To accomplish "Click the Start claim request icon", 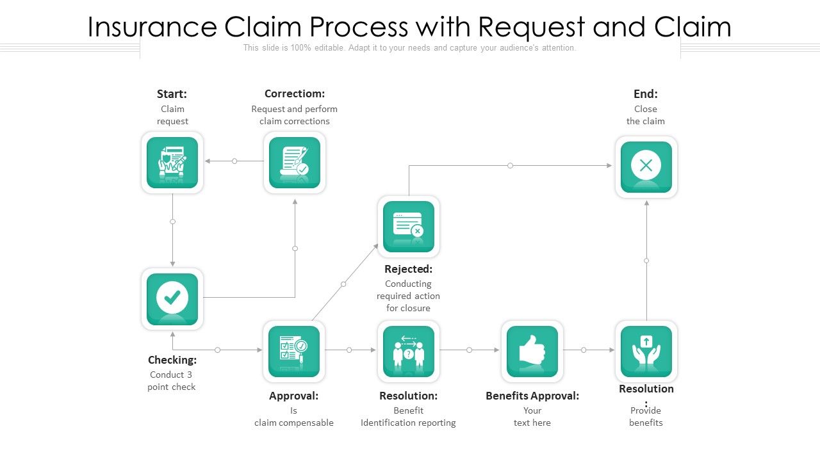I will point(172,163).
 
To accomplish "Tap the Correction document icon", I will point(295,163).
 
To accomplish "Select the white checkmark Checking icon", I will point(172,298).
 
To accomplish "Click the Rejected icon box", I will point(409,227).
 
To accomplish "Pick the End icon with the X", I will point(646,166).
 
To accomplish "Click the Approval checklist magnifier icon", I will point(294,352).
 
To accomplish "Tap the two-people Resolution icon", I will point(409,352).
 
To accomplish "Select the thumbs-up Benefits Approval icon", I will point(532,352).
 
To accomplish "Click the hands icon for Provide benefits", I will point(646,352).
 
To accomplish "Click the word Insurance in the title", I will point(152,28).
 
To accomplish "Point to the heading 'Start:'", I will point(172,94).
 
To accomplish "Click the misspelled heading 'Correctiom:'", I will point(295,94).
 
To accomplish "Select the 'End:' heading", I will point(646,94).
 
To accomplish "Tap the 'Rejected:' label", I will point(409,269).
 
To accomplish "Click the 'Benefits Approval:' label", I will point(532,396).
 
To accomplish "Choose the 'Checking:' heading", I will point(172,360).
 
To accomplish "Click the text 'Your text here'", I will point(532,417).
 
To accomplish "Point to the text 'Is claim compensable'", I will point(294,417).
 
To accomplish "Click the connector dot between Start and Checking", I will point(172,222).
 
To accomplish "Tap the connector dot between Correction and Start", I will point(234,161).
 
